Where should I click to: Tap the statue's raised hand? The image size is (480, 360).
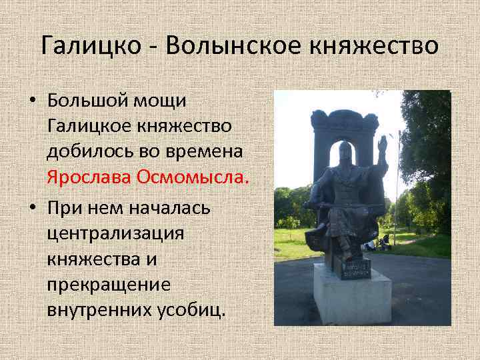[382, 144]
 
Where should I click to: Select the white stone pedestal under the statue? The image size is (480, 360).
[351, 300]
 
